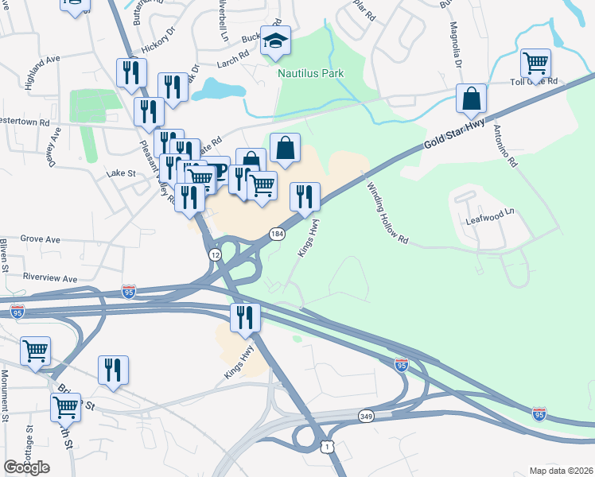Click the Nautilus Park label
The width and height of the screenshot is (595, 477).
click(x=311, y=73)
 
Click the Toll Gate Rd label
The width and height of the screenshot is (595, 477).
click(x=535, y=81)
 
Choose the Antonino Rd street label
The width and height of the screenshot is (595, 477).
click(x=505, y=146)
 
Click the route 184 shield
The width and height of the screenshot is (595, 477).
click(x=276, y=234)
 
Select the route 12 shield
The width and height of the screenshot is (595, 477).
click(x=215, y=254)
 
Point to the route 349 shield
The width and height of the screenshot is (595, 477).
click(x=366, y=416)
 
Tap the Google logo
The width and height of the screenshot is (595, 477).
click(x=26, y=467)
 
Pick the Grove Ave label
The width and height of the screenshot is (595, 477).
click(x=41, y=238)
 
